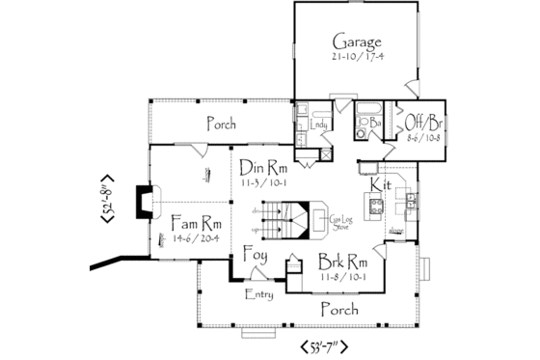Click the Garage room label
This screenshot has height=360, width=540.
[358, 42]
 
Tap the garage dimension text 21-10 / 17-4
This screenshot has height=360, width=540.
[358, 57]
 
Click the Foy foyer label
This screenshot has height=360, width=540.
[255, 257]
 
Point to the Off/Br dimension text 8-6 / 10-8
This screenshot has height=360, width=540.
[424, 138]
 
